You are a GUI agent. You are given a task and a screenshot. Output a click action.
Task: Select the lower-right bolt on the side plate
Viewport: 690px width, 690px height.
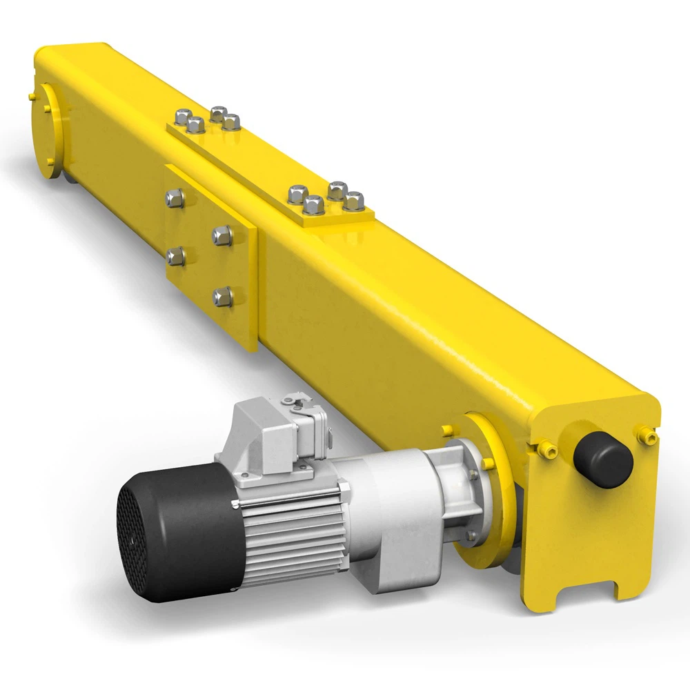coord(222,297)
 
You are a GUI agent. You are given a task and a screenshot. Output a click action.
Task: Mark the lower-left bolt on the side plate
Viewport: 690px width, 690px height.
coord(175,257)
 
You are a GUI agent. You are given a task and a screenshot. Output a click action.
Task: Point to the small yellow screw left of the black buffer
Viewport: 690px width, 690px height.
coord(550,451)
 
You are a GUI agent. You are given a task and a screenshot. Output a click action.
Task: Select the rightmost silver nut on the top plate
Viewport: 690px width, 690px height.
coord(354,200)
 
